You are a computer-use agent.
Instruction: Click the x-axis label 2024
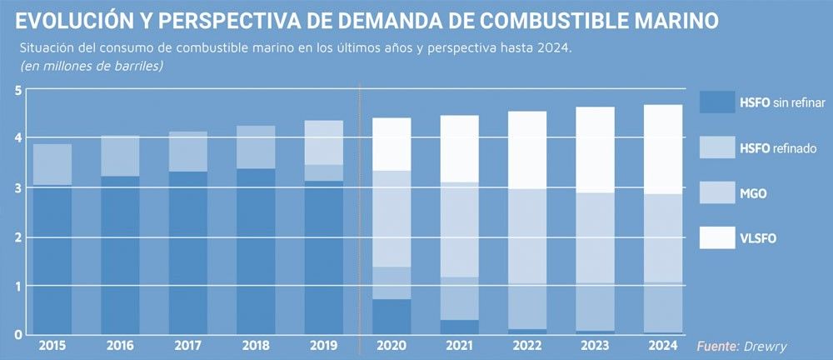click(664, 344)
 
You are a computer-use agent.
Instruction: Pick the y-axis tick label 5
click(16, 90)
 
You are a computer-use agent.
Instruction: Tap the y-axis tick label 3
click(16, 187)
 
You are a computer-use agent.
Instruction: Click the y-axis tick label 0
click(16, 334)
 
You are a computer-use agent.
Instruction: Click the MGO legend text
click(753, 194)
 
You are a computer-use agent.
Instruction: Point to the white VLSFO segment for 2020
click(392, 144)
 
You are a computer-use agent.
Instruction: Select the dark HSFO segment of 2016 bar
click(120, 254)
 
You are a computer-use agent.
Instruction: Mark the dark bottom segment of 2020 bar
click(392, 317)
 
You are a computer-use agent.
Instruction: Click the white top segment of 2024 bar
click(664, 149)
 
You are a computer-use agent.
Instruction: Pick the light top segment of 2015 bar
click(52, 164)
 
